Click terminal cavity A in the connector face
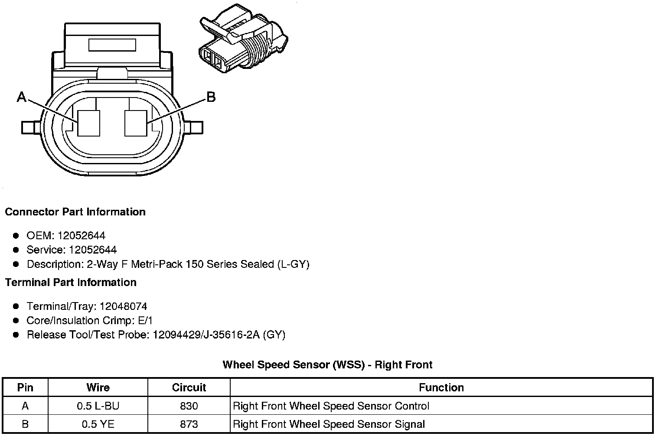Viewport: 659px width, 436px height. [89, 124]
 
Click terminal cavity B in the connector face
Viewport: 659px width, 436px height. [135, 124]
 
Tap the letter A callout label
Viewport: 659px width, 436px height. [21, 97]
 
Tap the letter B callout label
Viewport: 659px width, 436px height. [211, 97]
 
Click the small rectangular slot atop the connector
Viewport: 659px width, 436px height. [112, 45]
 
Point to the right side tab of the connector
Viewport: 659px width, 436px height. [195, 127]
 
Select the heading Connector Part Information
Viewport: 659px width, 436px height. [75, 212]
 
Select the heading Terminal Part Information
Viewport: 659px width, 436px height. [71, 283]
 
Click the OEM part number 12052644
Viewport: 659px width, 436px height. [81, 236]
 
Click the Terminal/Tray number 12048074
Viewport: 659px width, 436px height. [123, 306]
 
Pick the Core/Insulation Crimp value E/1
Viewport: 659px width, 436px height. [144, 321]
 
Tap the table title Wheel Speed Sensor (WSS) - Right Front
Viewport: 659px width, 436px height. [327, 364]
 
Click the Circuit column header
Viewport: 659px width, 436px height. [189, 387]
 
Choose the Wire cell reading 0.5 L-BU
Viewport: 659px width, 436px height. [98, 406]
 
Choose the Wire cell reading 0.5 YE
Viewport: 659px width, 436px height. [98, 424]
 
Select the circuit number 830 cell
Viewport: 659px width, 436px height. [189, 406]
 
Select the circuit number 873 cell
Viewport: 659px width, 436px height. [189, 424]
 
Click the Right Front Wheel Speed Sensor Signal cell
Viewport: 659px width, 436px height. [329, 424]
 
